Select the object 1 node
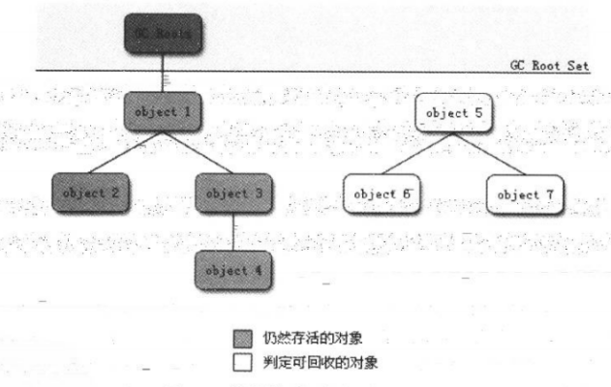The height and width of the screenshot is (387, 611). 160,111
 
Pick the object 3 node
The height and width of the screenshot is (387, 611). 232,192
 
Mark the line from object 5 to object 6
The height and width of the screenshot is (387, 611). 414,152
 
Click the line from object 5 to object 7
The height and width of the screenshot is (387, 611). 486,152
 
